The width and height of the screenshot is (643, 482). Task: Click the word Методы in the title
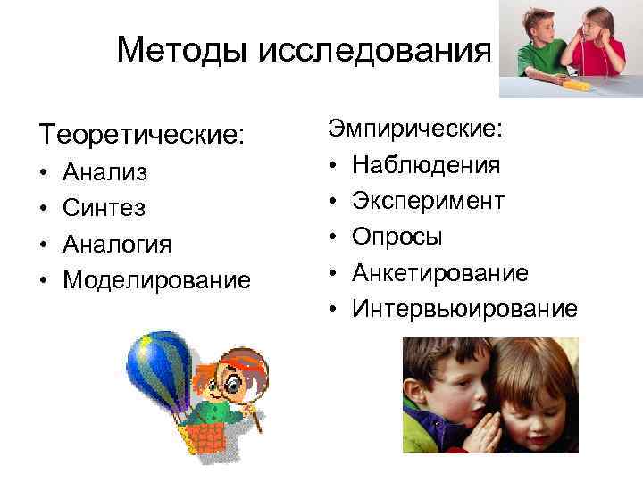pyautogui.click(x=183, y=50)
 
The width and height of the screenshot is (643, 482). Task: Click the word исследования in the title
pyautogui.click(x=374, y=51)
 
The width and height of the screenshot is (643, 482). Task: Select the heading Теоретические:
pyautogui.click(x=140, y=136)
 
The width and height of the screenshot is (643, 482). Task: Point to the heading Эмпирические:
pyautogui.click(x=416, y=129)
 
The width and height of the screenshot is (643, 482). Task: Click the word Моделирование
pyautogui.click(x=157, y=280)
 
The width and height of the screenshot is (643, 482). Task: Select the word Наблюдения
pyautogui.click(x=427, y=165)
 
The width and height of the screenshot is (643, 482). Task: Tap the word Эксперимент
pyautogui.click(x=429, y=201)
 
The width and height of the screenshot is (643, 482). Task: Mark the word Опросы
pyautogui.click(x=397, y=237)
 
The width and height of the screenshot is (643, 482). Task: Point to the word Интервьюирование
pyautogui.click(x=464, y=309)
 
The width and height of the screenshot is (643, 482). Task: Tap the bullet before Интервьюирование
pyautogui.click(x=332, y=310)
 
